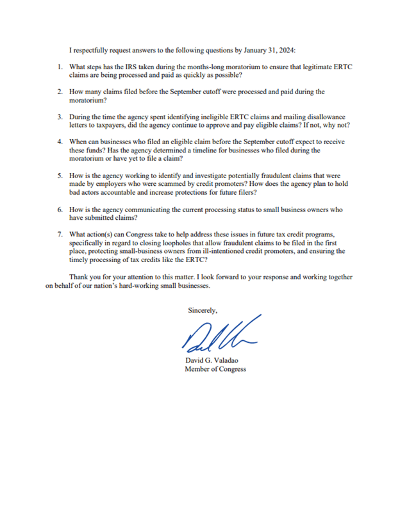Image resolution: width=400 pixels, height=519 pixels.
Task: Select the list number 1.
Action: [59, 67]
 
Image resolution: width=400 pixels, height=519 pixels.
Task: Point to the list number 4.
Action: [59, 142]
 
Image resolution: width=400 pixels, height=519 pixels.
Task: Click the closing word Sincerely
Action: [203, 311]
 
